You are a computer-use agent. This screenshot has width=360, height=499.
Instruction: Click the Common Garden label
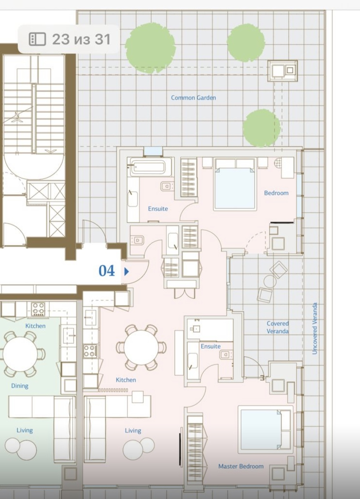[193, 98]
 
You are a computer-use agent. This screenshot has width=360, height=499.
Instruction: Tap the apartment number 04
[107, 271]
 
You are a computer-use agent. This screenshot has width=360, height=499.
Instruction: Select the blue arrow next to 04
[127, 271]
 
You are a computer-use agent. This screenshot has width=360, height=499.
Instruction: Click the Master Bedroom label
[241, 466]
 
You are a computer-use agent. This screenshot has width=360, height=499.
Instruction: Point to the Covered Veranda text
[278, 327]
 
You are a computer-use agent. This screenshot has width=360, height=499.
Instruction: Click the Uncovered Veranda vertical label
[314, 328]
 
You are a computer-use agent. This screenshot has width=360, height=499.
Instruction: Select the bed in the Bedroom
[235, 184]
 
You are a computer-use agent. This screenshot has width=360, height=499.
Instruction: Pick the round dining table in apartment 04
[141, 347]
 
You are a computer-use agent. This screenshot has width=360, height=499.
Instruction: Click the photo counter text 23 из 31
[81, 39]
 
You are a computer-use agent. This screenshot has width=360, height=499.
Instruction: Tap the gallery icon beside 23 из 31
[37, 39]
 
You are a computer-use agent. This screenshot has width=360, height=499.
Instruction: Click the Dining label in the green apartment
[20, 386]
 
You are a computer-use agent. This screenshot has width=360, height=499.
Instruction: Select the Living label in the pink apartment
[133, 431]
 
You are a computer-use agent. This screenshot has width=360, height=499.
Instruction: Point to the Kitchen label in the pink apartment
[126, 380]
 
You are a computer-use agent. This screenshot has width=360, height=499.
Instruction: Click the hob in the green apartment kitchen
[38, 309]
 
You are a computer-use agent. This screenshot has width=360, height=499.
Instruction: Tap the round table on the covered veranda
[270, 281]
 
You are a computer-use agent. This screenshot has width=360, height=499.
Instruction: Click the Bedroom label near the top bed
[276, 193]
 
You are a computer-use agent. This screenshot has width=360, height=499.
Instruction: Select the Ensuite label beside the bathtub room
[158, 209]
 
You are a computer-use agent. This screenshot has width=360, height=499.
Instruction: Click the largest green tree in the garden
[150, 48]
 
